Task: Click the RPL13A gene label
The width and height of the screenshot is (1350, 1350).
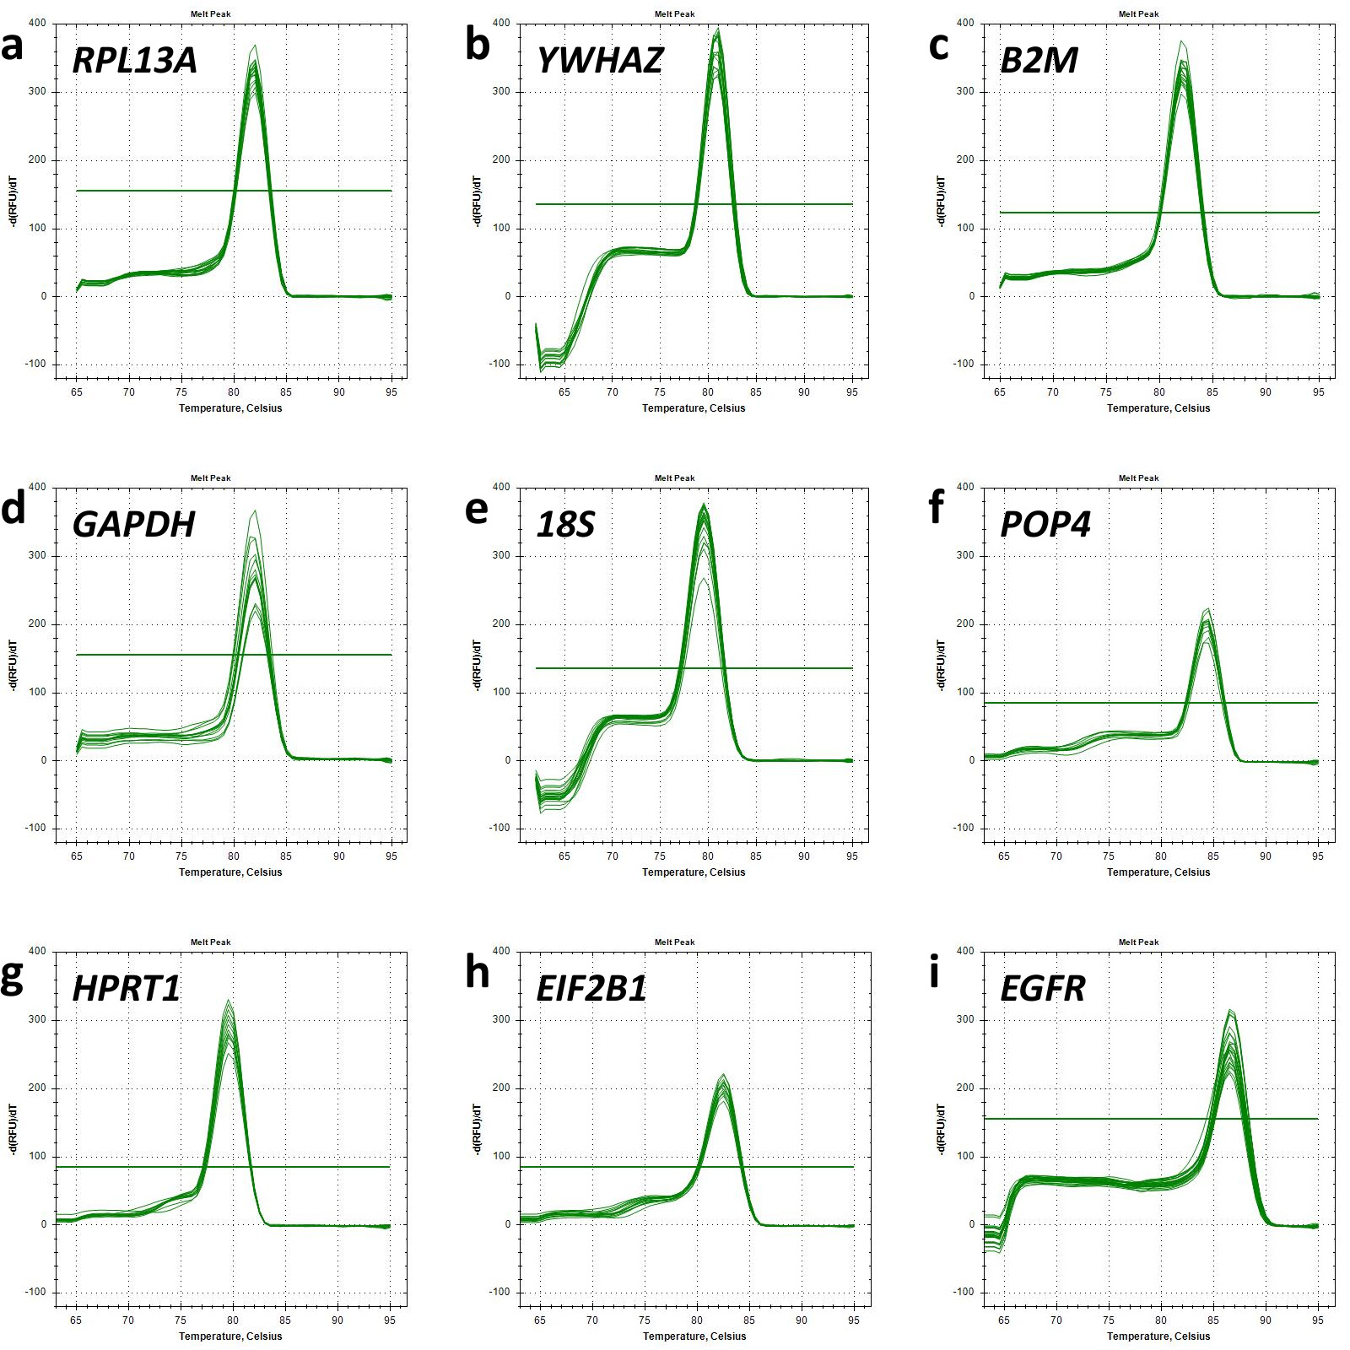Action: pos(135,61)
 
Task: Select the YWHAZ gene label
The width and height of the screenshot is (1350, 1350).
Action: pos(600,61)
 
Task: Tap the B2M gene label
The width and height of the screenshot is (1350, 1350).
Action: pos(1039,61)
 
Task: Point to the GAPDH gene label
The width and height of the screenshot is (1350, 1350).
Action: pos(134,525)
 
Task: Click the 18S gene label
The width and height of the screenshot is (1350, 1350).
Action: pos(566,525)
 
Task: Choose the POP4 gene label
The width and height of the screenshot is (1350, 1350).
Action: pos(1045,525)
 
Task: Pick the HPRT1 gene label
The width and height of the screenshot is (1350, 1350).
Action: pos(127,989)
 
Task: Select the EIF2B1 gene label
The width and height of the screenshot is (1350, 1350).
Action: pos(591,989)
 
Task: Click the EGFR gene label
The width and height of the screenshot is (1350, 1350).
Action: pos(1043,989)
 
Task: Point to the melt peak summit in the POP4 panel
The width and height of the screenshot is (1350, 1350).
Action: pos(1208,609)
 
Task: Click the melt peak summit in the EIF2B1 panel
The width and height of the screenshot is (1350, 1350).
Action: pos(723,1075)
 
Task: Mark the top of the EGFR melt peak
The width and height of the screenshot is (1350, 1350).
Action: pos(1231,1010)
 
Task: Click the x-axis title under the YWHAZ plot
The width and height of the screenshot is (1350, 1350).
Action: pos(694,408)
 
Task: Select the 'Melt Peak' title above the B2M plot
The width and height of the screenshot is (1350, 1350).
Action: pos(1139,14)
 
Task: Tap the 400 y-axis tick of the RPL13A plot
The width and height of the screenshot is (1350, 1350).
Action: pos(38,24)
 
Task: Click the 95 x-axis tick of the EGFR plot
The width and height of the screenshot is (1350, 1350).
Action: pos(1318,1320)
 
